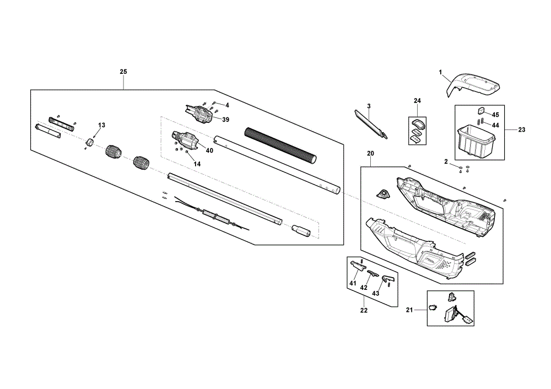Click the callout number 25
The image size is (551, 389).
pyautogui.click(x=123, y=72)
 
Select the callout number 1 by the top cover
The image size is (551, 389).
pyautogui.click(x=440, y=72)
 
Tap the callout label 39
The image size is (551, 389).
pyautogui.click(x=225, y=120)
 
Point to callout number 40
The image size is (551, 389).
pyautogui.click(x=209, y=150)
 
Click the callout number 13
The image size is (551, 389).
pyautogui.click(x=101, y=125)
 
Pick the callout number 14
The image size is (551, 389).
pyautogui.click(x=197, y=164)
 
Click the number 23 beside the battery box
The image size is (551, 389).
pyautogui.click(x=522, y=129)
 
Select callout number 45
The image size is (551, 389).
pyautogui.click(x=495, y=115)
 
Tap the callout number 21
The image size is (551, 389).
pyautogui.click(x=409, y=310)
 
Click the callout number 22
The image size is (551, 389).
pyautogui.click(x=364, y=310)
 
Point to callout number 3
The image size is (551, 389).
pyautogui.click(x=369, y=106)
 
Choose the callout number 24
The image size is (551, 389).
pyautogui.click(x=417, y=101)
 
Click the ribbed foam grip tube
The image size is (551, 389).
pyautogui.click(x=280, y=145)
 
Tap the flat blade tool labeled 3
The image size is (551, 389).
pyautogui.click(x=370, y=125)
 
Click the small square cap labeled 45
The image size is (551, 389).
pyautogui.click(x=480, y=111)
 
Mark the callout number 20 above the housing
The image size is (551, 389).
pyautogui.click(x=370, y=154)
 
